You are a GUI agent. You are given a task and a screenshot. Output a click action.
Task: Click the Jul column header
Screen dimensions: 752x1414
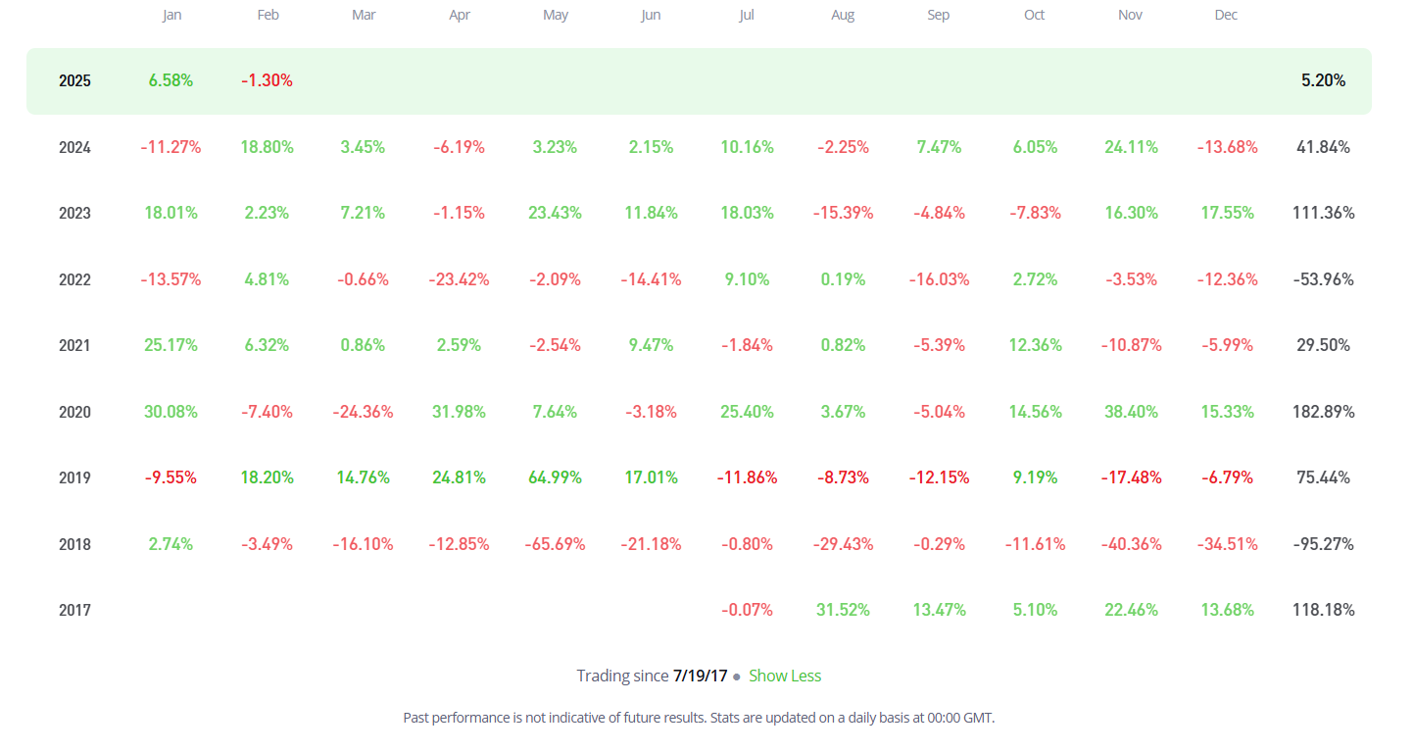(x=747, y=15)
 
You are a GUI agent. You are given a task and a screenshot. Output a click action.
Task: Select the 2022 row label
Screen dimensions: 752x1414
(x=74, y=279)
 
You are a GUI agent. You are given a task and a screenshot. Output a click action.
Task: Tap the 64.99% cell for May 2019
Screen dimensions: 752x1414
(x=555, y=477)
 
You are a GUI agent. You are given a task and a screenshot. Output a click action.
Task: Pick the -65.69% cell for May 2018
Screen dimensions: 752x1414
(x=555, y=544)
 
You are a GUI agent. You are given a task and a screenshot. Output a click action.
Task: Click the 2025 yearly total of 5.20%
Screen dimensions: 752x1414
(x=1323, y=80)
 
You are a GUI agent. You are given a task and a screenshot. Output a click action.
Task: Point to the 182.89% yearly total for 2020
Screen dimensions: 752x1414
(x=1323, y=412)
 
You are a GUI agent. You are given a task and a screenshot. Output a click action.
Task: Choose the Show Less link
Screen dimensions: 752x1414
(x=785, y=676)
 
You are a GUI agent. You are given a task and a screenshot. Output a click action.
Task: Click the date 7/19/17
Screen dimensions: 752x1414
(x=701, y=676)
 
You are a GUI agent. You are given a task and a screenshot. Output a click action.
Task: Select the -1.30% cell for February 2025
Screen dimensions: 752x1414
(x=267, y=80)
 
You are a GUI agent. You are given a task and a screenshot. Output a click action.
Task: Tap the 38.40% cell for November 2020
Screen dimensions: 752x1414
(x=1131, y=412)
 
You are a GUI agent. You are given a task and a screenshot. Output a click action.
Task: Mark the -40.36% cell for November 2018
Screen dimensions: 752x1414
(x=1131, y=544)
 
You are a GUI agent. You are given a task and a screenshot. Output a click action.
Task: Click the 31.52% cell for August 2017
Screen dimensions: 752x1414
(x=843, y=610)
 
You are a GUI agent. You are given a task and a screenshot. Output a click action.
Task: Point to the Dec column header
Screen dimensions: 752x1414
(x=1226, y=15)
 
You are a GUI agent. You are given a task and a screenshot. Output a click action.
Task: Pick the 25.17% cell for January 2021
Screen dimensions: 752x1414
(x=171, y=345)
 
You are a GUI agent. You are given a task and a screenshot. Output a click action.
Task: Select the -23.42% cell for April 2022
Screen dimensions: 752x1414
(x=459, y=279)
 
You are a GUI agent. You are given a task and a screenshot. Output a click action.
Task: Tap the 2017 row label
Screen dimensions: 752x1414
(x=74, y=610)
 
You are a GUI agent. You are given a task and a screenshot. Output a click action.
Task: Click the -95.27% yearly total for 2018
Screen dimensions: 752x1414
(x=1323, y=544)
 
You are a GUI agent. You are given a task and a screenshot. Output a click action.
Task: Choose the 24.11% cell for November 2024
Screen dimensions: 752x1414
(x=1131, y=147)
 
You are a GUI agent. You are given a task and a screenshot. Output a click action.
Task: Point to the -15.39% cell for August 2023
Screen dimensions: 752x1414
(x=843, y=213)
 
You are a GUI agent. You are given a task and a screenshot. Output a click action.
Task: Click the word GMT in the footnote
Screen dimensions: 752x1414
(x=978, y=718)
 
